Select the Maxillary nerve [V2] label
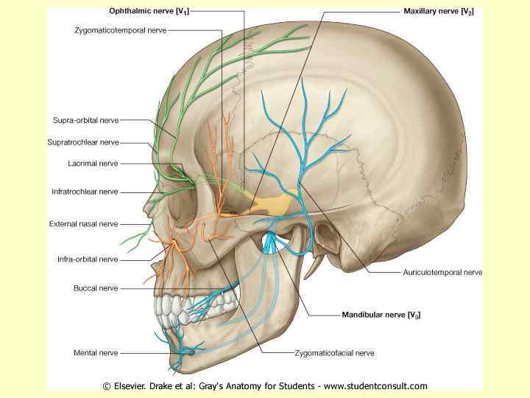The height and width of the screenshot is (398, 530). click(x=438, y=13)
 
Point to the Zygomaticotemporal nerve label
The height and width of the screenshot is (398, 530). click(x=121, y=30)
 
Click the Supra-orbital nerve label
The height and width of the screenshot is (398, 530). click(x=85, y=119)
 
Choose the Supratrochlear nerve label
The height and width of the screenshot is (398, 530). click(x=85, y=142)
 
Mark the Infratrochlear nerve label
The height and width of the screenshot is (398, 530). click(x=85, y=192)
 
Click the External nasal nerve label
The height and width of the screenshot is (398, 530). click(x=83, y=223)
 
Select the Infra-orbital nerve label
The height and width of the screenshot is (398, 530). click(x=88, y=259)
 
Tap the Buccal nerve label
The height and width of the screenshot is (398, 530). click(x=96, y=287)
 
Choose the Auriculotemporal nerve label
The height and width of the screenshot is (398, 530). click(x=442, y=272)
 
